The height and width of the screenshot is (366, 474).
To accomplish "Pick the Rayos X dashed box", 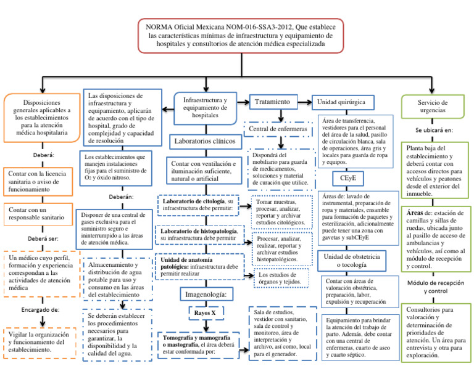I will click(x=206, y=313).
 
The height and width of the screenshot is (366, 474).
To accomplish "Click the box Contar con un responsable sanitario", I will click(x=40, y=214).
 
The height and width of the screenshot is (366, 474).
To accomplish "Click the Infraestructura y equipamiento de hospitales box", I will click(x=206, y=108).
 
